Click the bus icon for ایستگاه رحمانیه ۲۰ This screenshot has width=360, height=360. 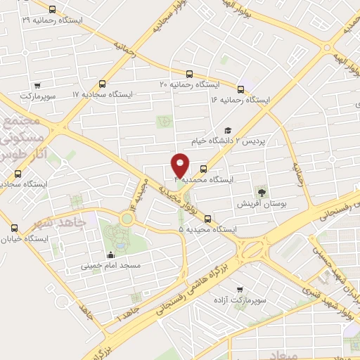(188, 74)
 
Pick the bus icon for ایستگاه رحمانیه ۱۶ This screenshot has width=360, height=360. (241, 89)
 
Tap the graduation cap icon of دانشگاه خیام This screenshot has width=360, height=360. (227, 130)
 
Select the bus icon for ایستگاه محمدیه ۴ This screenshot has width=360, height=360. (203, 169)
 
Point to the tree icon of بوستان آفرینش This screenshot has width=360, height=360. (262, 191)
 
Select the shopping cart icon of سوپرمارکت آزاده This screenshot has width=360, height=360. (240, 289)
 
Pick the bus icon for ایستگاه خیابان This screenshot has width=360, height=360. (15, 228)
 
